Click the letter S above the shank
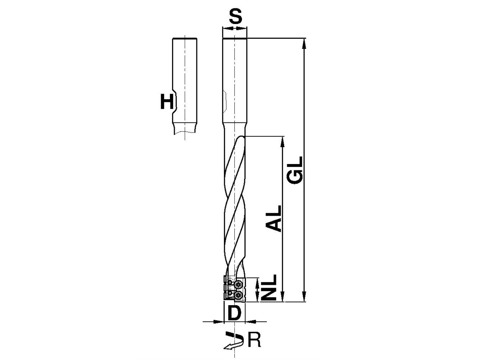(x=236, y=16)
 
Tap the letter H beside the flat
(x=167, y=101)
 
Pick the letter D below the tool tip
(x=234, y=313)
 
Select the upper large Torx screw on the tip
(x=238, y=284)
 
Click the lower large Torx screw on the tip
(x=238, y=296)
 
